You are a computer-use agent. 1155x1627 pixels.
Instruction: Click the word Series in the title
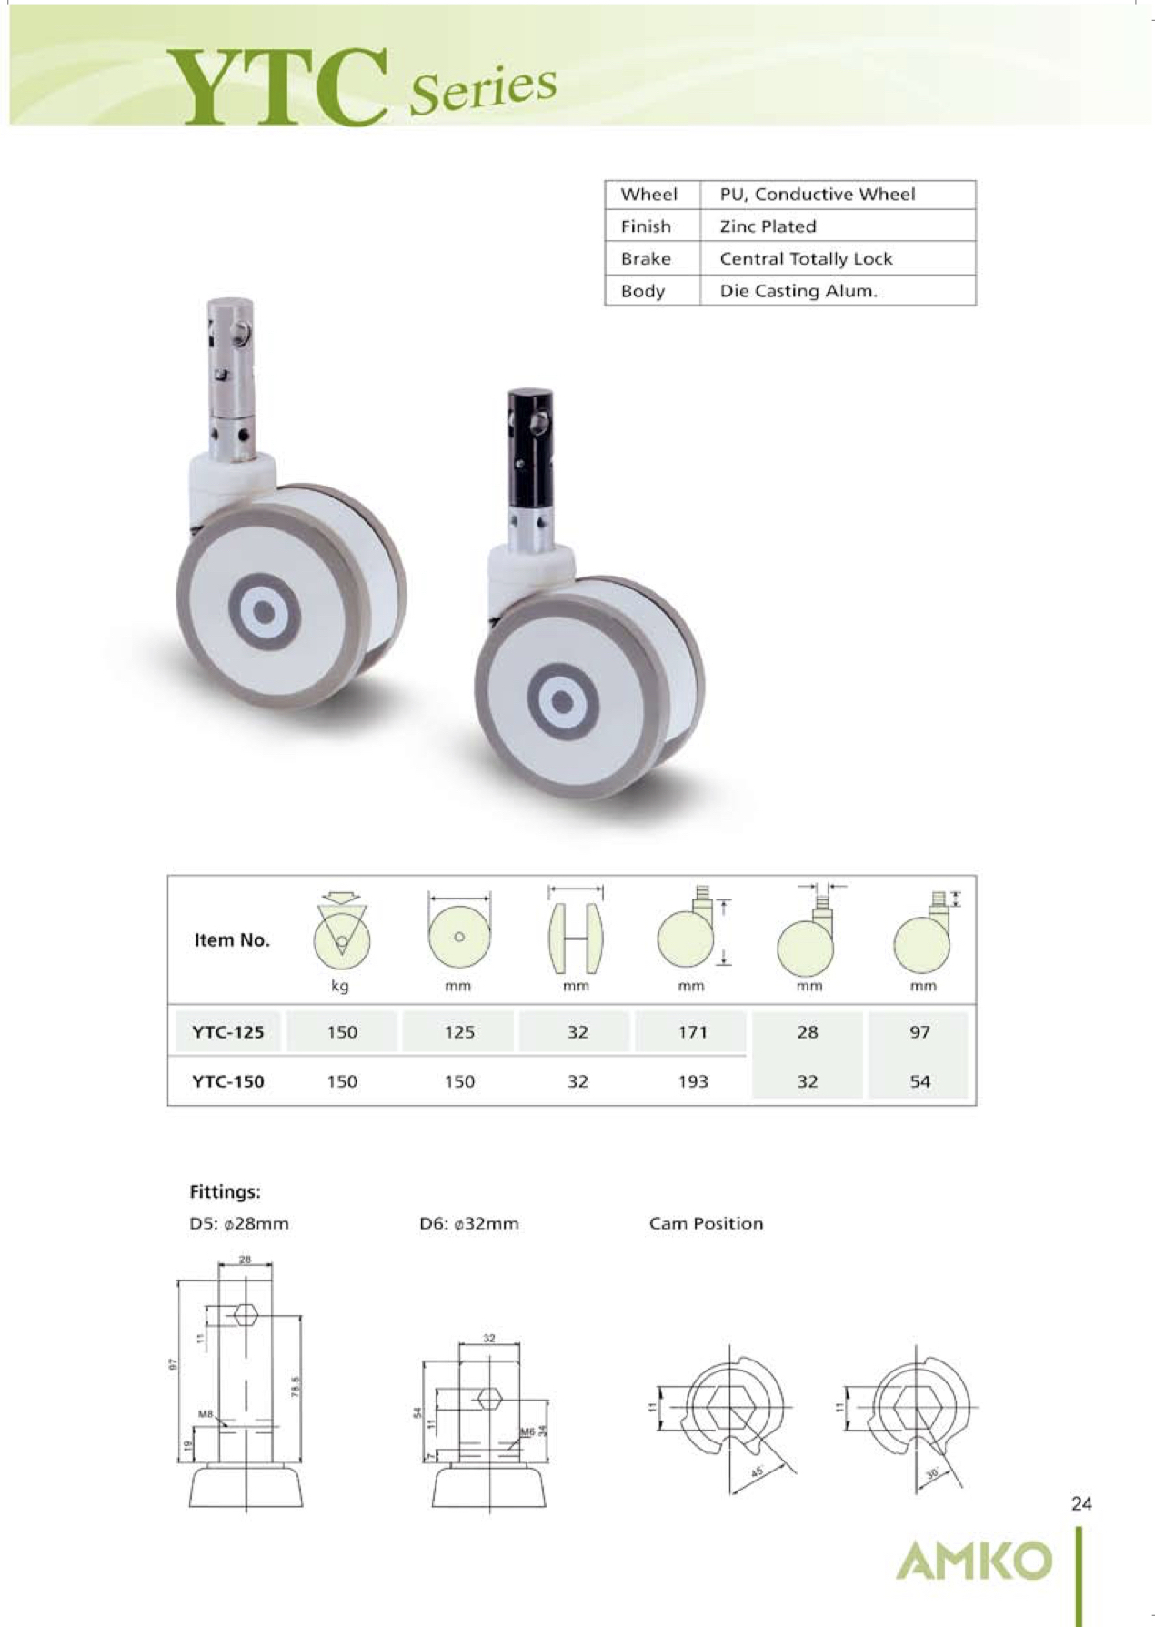pyautogui.click(x=482, y=91)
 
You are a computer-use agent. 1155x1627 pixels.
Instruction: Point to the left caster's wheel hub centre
pyautogui.click(x=264, y=612)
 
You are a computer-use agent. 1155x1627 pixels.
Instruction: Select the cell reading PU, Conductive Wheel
pyautogui.click(x=817, y=195)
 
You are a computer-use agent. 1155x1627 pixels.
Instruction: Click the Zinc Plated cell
pyautogui.click(x=768, y=226)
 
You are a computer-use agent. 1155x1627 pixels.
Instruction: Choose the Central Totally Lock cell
pyautogui.click(x=806, y=259)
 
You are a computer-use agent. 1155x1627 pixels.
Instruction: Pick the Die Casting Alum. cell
pyautogui.click(x=798, y=291)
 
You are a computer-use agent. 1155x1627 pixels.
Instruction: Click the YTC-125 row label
pyautogui.click(x=227, y=1032)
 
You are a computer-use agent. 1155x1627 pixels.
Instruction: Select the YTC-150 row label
pyautogui.click(x=227, y=1081)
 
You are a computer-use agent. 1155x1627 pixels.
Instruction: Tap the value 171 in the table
pyautogui.click(x=692, y=1032)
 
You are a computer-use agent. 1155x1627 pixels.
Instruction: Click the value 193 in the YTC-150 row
pyautogui.click(x=692, y=1081)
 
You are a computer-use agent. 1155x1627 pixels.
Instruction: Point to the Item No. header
pyautogui.click(x=232, y=940)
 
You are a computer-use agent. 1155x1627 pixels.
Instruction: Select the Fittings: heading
pyautogui.click(x=225, y=1191)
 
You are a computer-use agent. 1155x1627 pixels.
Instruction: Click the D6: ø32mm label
pyautogui.click(x=468, y=1224)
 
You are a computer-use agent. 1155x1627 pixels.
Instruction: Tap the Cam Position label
pyautogui.click(x=706, y=1224)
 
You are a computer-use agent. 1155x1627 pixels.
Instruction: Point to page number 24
pyautogui.click(x=1080, y=1504)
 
